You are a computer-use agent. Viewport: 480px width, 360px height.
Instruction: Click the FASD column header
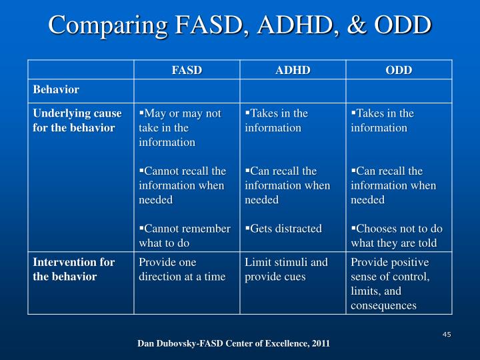[187, 70]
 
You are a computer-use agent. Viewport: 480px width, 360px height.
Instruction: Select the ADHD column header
[293, 70]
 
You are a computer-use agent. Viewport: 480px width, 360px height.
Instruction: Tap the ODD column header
[399, 70]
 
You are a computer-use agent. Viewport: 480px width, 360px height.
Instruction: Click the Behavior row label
[57, 89]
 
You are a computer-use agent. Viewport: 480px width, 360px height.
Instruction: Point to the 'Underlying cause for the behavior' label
[77, 120]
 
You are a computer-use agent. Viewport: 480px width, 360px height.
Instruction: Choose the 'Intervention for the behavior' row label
[74, 269]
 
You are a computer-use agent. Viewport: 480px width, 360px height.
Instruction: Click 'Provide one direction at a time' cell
[182, 269]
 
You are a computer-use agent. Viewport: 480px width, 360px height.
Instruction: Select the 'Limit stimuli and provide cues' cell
[286, 269]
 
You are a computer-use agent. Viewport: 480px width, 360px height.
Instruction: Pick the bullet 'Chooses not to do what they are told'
[396, 235]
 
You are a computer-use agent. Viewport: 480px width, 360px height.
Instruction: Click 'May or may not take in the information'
[180, 127]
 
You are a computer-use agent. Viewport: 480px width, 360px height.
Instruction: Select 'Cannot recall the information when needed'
[182, 185]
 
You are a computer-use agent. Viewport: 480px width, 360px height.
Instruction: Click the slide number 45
[447, 334]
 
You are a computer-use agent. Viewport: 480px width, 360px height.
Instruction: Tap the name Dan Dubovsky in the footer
[166, 343]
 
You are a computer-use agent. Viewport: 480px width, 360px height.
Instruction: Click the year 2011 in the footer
[319, 343]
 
